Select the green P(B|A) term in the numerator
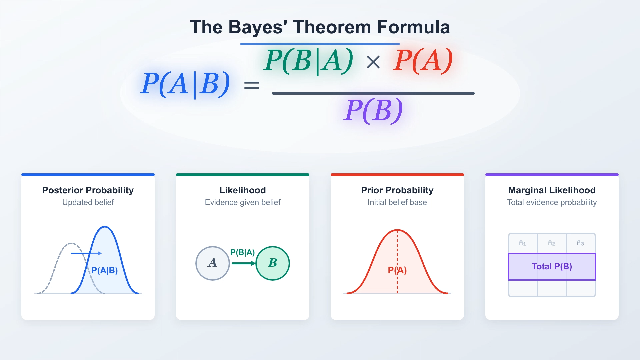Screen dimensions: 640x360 pyautogui.click(x=308, y=61)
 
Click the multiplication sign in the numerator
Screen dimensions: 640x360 pyautogui.click(x=373, y=62)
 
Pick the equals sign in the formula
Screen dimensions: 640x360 pyautogui.click(x=251, y=85)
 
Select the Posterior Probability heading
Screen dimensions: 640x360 pyautogui.click(x=88, y=190)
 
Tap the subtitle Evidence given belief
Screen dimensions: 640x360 pyautogui.click(x=243, y=202)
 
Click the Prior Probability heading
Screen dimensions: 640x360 pyautogui.click(x=397, y=190)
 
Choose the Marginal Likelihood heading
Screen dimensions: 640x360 pyautogui.click(x=552, y=190)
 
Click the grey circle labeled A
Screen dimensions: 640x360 pyautogui.click(x=213, y=263)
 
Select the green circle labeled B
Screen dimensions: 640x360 pyautogui.click(x=273, y=263)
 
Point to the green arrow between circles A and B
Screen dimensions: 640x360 pyautogui.click(x=244, y=263)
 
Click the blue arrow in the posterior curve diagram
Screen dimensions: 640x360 pyautogui.click(x=86, y=253)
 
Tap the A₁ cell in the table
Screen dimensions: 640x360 pyautogui.click(x=523, y=243)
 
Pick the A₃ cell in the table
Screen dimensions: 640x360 pyautogui.click(x=581, y=243)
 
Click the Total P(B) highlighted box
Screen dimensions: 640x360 pyautogui.click(x=552, y=267)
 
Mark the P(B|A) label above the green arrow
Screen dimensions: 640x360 pyautogui.click(x=243, y=252)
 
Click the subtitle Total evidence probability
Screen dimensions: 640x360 pyautogui.click(x=552, y=202)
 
